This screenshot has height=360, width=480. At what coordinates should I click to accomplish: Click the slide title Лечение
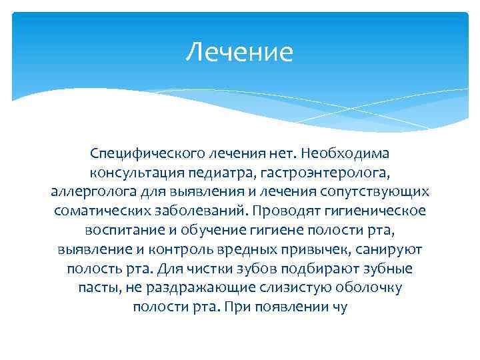[x=239, y=51]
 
